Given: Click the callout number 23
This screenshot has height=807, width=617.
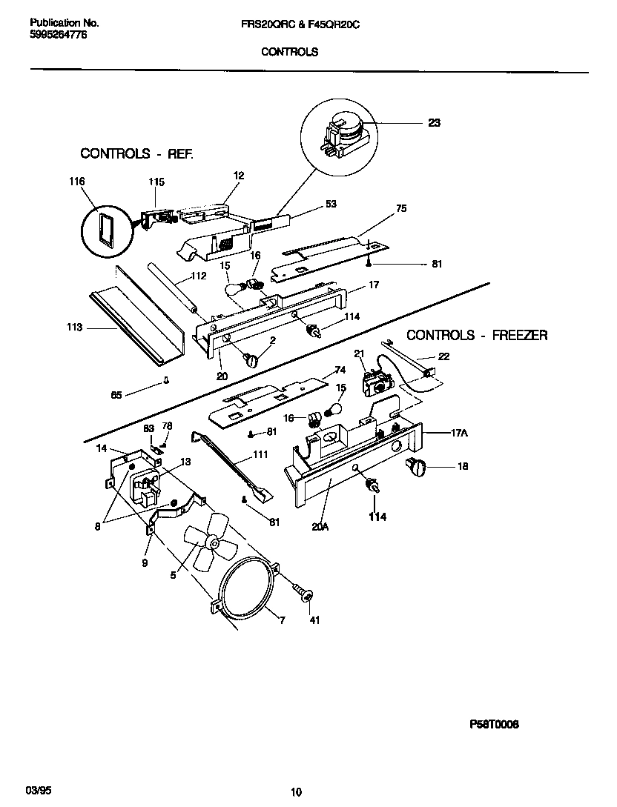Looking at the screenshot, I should [434, 123].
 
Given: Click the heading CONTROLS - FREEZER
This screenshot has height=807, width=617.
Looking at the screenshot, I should [477, 335].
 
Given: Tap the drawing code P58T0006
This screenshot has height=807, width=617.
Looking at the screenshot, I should [494, 725].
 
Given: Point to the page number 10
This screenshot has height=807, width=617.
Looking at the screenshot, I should [296, 792].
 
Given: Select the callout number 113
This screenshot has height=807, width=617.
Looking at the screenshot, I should [74, 327].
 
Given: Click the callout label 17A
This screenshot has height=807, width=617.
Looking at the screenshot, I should [459, 434].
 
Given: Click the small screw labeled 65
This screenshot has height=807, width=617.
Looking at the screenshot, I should [167, 382].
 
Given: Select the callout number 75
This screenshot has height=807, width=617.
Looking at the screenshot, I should [401, 209].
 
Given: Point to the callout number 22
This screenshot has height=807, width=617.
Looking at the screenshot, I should [443, 356].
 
